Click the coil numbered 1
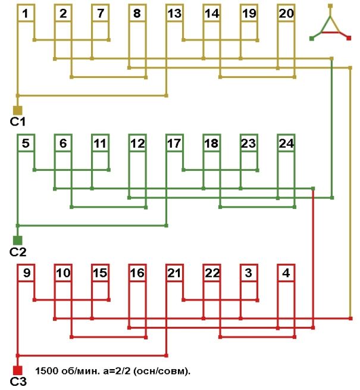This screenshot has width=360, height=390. tap(26, 14)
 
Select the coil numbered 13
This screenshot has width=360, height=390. tap(174, 14)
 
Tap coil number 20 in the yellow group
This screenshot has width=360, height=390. tap(286, 14)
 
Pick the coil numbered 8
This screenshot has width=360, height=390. tap(137, 14)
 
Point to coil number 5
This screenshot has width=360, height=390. tap(26, 143)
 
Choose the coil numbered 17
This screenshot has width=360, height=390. tap(174, 143)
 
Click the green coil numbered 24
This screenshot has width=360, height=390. tap(286, 143)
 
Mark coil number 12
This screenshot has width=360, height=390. tap(137, 143)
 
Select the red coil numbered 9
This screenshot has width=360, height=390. tap(26, 273)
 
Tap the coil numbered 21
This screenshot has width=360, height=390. tap(174, 273)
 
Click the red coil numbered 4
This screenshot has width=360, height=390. tap(286, 273)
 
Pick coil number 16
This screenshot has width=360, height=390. tap(137, 273)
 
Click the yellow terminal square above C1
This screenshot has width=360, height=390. tap(17, 110)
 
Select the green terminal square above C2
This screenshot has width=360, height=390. tap(17, 240)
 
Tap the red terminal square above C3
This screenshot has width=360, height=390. tap(17, 370)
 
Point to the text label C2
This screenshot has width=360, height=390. tap(17, 252)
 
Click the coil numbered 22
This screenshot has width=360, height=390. tap(212, 273)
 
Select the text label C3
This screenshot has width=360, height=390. tap(18, 382)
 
